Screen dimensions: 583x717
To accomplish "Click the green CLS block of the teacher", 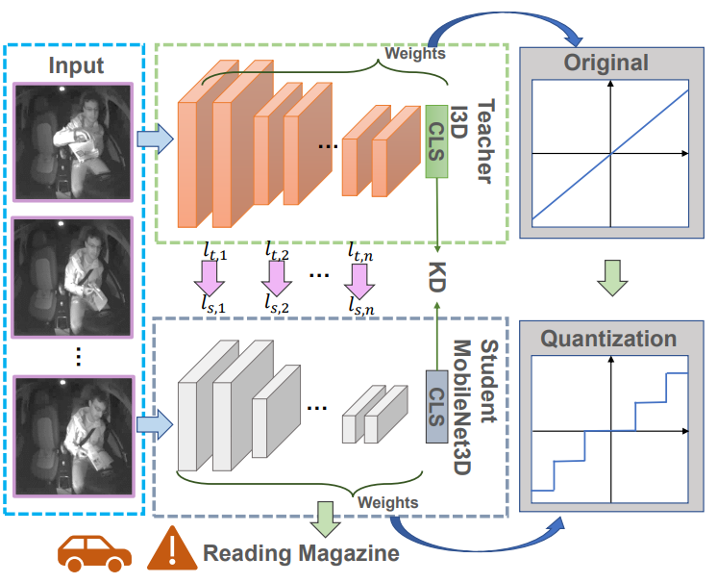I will pos(437,142).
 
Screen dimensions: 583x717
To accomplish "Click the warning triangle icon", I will pos(172,551).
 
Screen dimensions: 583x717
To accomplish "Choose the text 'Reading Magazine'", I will pos(300,554).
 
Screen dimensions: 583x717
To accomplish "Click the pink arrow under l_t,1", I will pos(208,278).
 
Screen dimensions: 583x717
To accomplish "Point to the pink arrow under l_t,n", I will pos(360,278).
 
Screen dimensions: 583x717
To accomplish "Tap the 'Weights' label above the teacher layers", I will pos(414,54).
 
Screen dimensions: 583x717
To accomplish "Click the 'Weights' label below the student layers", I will pos(387,501).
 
